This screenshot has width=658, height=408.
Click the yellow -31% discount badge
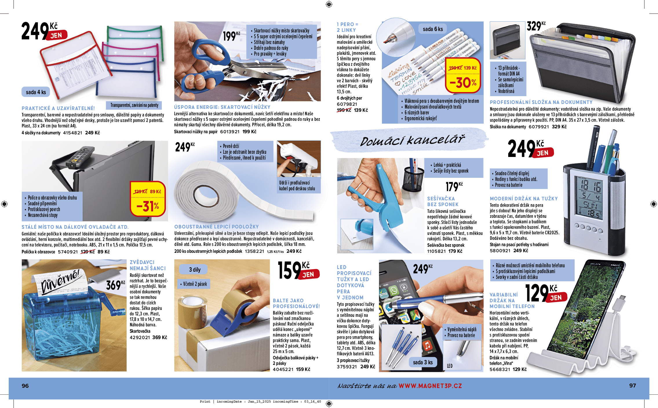148,199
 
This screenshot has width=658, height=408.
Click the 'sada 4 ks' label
36,92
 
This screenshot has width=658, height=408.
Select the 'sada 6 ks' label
433,29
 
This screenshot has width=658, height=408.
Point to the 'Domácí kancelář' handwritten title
412,141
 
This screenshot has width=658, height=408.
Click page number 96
25,386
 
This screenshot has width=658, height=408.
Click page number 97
633,385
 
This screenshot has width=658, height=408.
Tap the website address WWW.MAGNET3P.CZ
430,386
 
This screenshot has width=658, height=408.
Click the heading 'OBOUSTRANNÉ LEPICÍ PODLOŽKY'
216,227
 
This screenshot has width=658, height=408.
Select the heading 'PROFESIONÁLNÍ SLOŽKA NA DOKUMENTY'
541,102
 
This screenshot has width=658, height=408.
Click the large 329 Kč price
536,26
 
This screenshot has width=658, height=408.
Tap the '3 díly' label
195,270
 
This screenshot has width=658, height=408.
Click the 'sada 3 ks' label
423,362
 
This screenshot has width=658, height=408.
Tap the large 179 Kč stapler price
454,187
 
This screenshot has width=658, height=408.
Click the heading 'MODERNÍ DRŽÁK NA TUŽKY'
524,199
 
